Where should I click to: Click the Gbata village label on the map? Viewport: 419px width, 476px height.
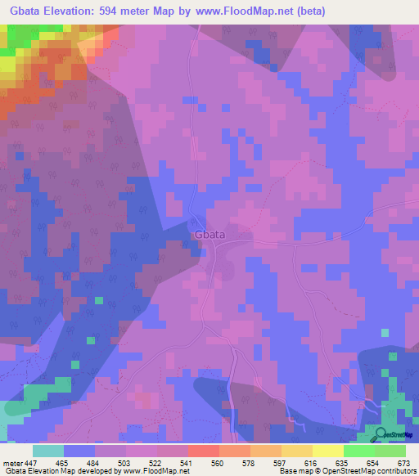pos(209,235)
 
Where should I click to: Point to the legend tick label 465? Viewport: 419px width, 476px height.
pos(63,462)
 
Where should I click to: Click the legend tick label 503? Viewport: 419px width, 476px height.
pos(125,462)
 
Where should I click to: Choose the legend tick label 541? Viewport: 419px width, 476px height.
pos(187,462)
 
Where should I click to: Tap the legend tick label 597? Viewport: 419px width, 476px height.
pos(281,462)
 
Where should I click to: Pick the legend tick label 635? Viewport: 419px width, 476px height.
pos(343,462)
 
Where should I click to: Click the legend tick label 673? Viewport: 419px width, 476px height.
pos(405,462)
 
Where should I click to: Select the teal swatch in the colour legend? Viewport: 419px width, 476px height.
pos(48,451)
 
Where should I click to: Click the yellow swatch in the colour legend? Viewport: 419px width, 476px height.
pos(328,451)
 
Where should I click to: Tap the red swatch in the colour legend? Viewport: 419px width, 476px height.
pos(204,451)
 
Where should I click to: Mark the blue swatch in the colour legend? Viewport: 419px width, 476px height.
pos(79,451)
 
